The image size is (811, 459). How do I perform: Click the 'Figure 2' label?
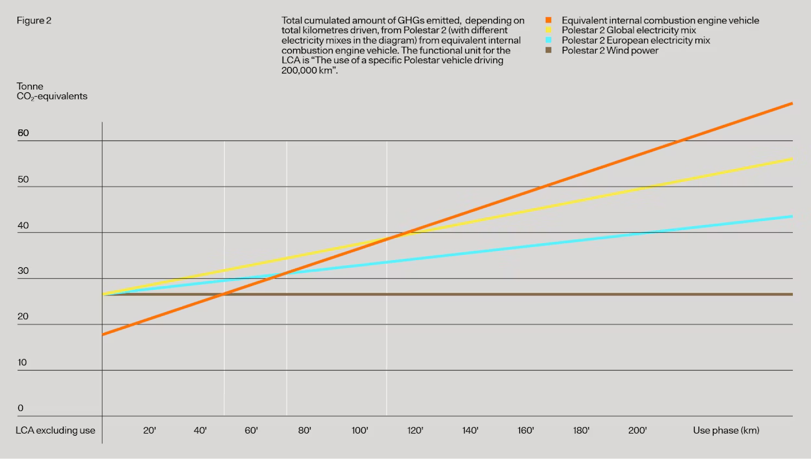pyautogui.click(x=34, y=21)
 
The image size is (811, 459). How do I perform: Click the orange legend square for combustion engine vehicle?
pyautogui.click(x=549, y=20)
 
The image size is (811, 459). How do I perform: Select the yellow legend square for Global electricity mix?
pyautogui.click(x=549, y=31)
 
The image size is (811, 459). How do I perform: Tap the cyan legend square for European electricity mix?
pyautogui.click(x=549, y=40)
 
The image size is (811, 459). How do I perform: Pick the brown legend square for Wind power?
pyautogui.click(x=549, y=51)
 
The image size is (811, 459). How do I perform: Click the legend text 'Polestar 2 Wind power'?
pyautogui.click(x=610, y=51)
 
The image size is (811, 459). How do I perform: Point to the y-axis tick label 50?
pyautogui.click(x=23, y=179)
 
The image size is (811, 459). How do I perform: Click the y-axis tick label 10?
pyautogui.click(x=23, y=362)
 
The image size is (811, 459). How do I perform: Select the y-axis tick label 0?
pyautogui.click(x=20, y=408)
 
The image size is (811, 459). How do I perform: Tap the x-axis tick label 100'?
pyautogui.click(x=360, y=430)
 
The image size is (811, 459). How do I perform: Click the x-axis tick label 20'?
pyautogui.click(x=149, y=430)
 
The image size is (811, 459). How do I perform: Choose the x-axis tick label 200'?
pyautogui.click(x=637, y=430)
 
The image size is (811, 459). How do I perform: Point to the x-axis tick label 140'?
pyautogui.click(x=470, y=430)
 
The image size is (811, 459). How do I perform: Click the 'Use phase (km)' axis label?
pyautogui.click(x=726, y=430)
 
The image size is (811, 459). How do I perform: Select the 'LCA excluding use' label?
pyautogui.click(x=55, y=430)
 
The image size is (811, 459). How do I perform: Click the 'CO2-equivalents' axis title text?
pyautogui.click(x=52, y=96)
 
